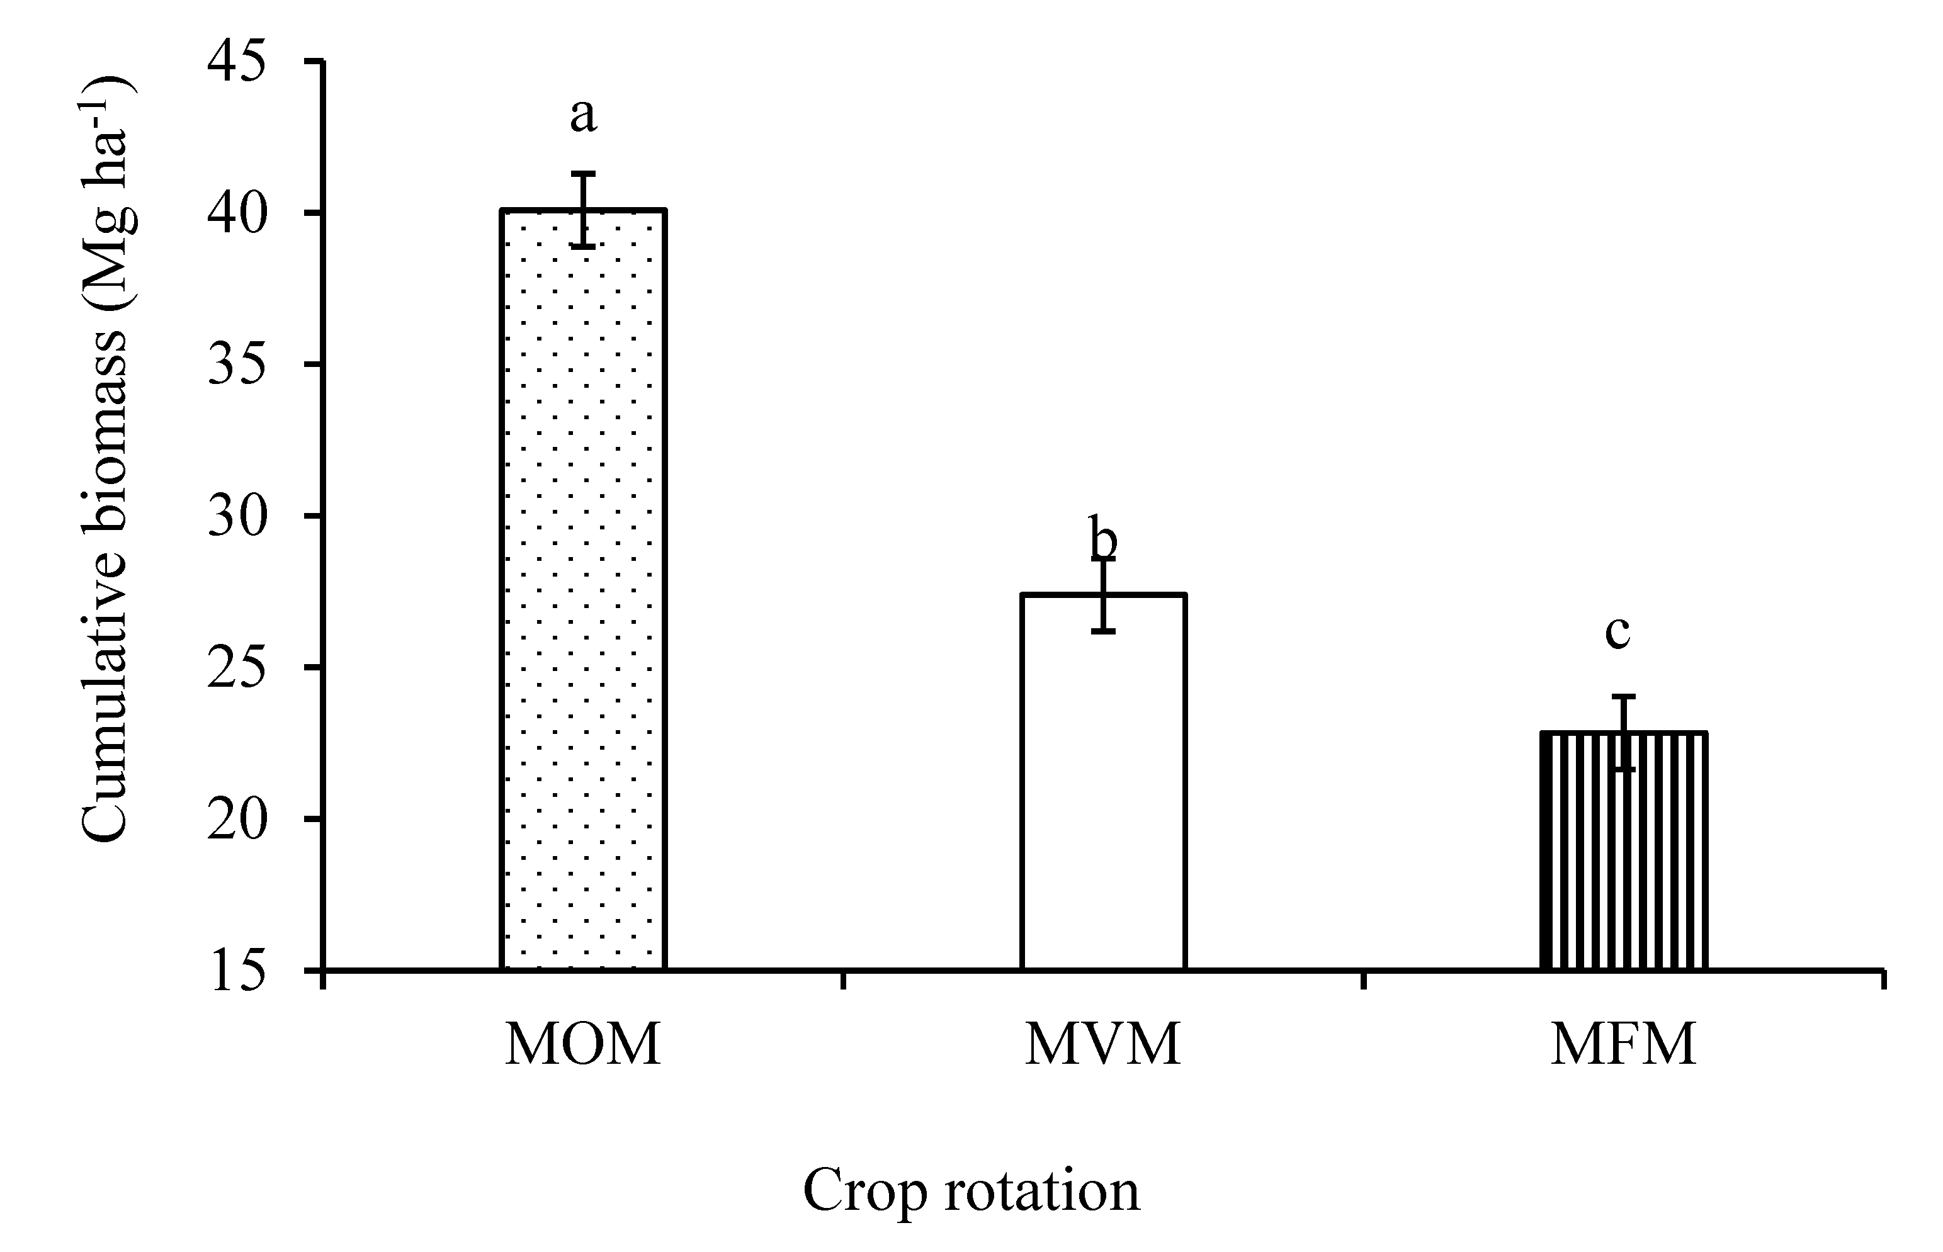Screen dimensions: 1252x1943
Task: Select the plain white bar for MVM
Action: pos(1103,781)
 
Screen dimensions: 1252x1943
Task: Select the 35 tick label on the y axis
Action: pos(237,365)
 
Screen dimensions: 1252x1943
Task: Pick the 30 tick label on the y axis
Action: pos(237,516)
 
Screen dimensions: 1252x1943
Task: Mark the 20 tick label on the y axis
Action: pos(237,819)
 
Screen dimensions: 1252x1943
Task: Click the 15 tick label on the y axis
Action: pos(237,971)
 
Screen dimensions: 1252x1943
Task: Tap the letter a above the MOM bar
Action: pos(583,115)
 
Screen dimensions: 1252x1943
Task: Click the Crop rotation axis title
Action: pos(971,1191)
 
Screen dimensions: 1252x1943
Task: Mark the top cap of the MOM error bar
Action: pos(583,173)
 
